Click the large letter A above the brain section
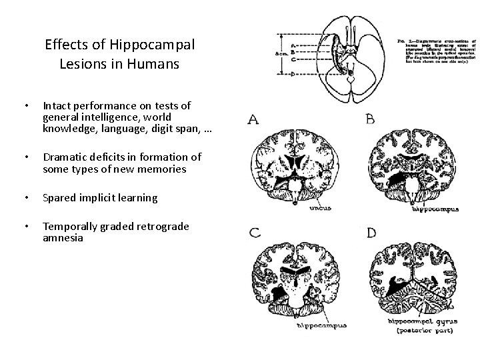point(254,120)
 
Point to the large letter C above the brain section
point(254,233)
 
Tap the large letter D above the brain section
point(371,233)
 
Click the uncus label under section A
point(322,207)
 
